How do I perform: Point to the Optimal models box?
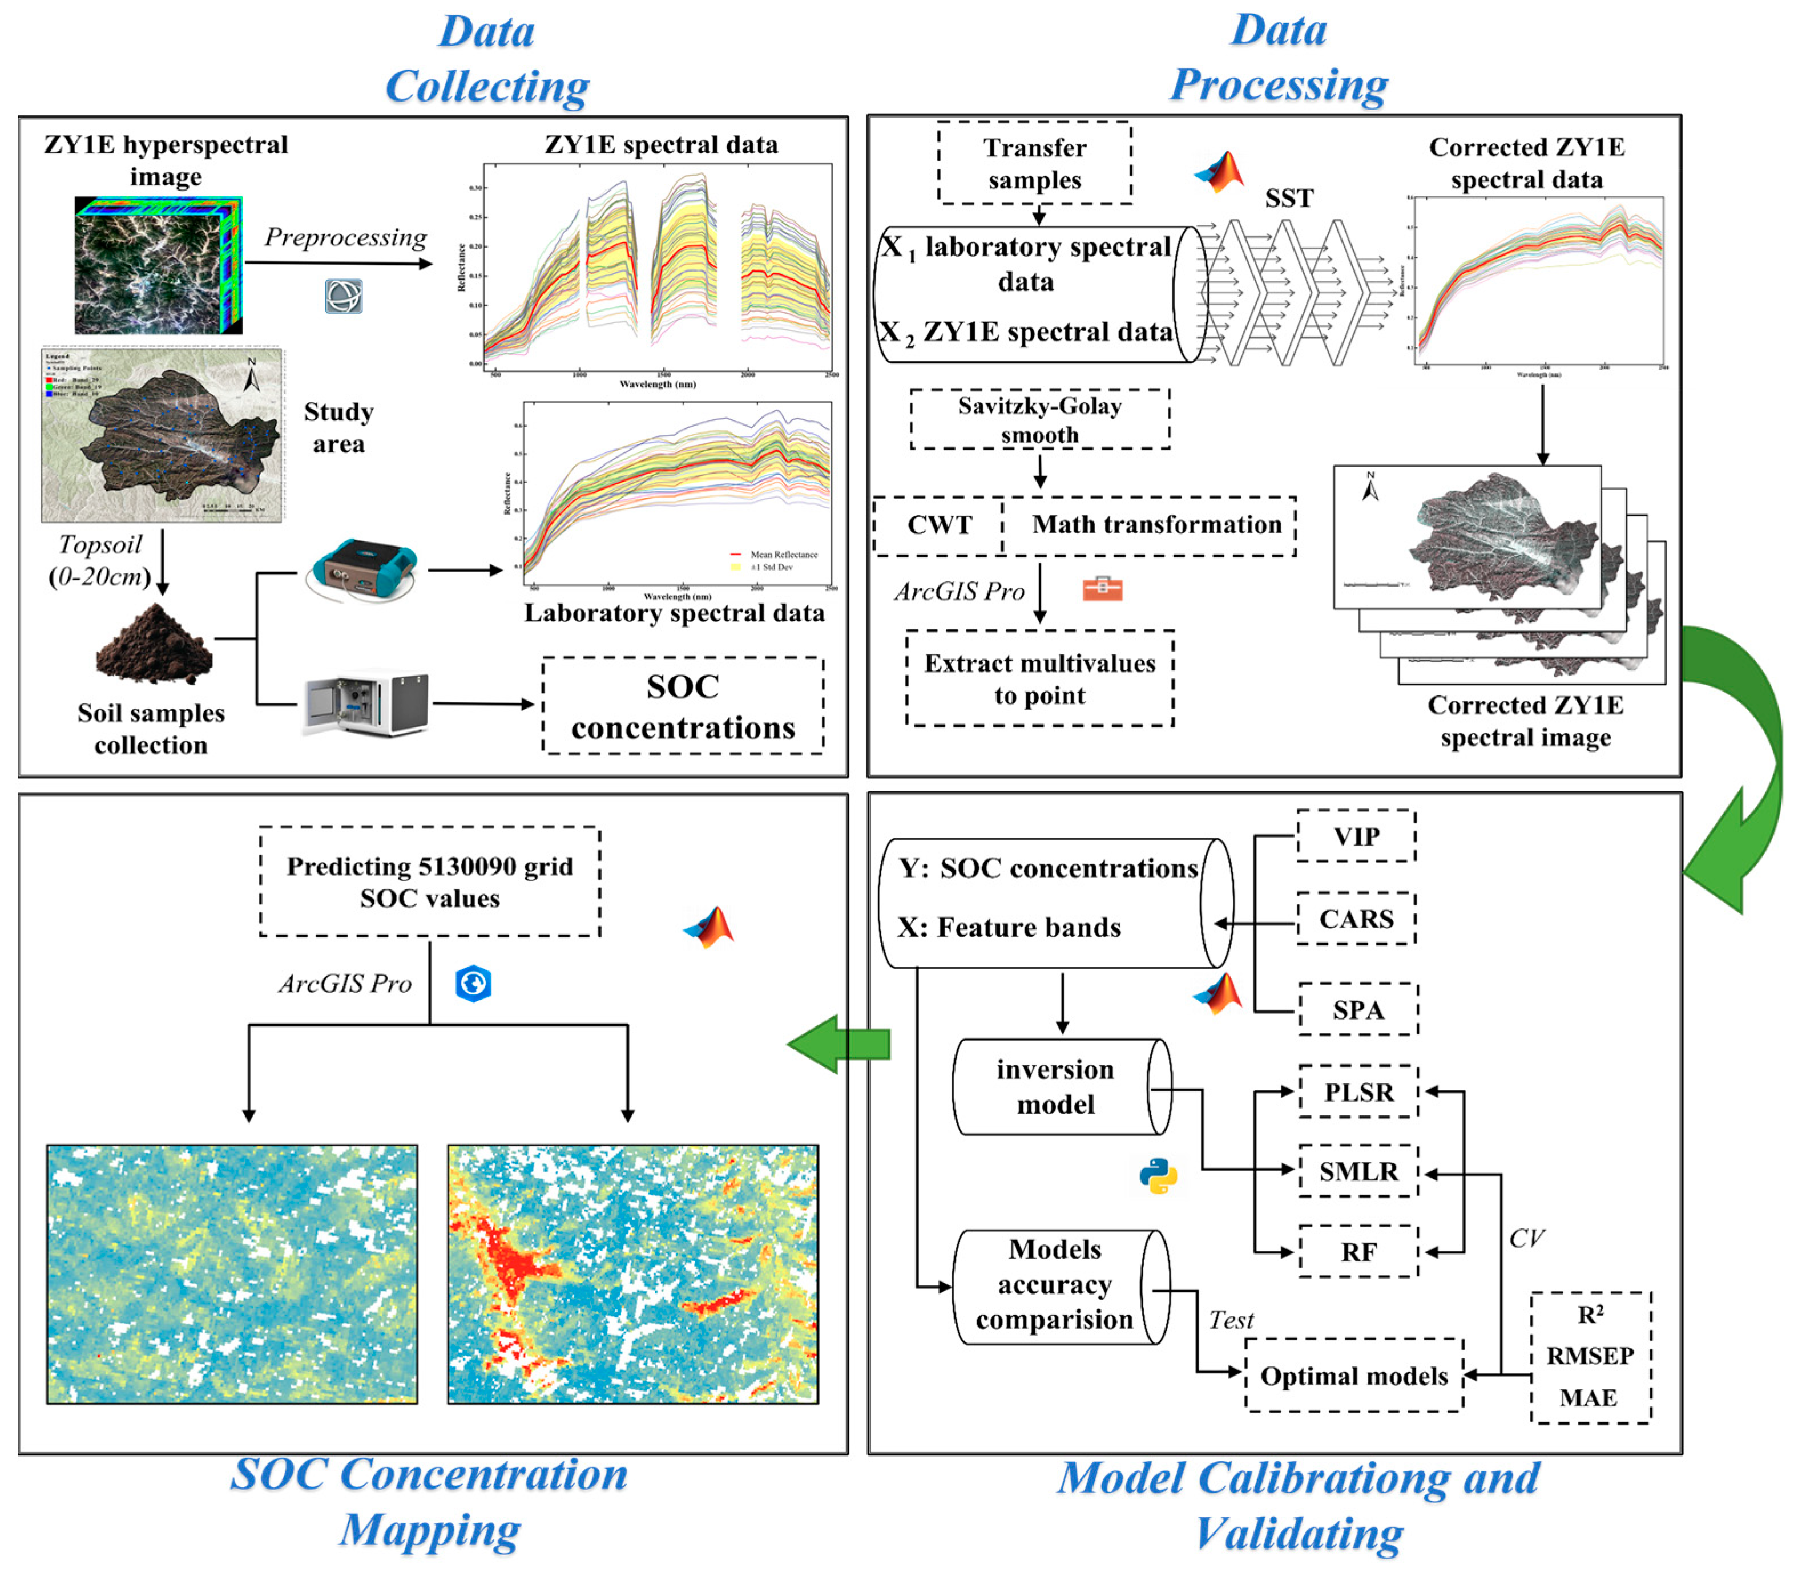[1353, 1376]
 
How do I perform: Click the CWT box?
[939, 525]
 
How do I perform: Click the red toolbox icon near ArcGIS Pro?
[1103, 588]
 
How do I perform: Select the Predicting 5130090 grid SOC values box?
[429, 881]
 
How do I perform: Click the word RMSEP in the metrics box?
[1590, 1356]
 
